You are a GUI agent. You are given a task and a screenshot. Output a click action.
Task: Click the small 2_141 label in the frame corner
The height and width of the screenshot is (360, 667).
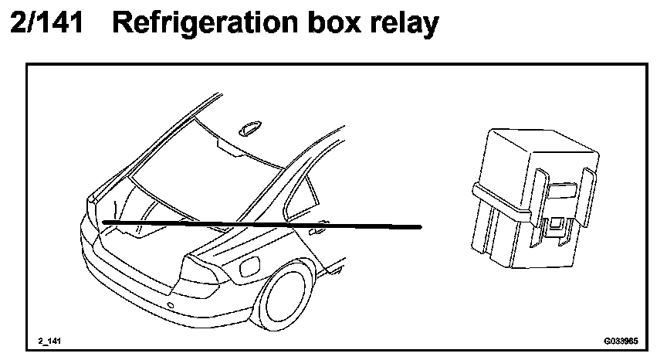(x=49, y=340)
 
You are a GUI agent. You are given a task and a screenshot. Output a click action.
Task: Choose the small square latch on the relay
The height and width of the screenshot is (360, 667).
(x=554, y=226)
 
